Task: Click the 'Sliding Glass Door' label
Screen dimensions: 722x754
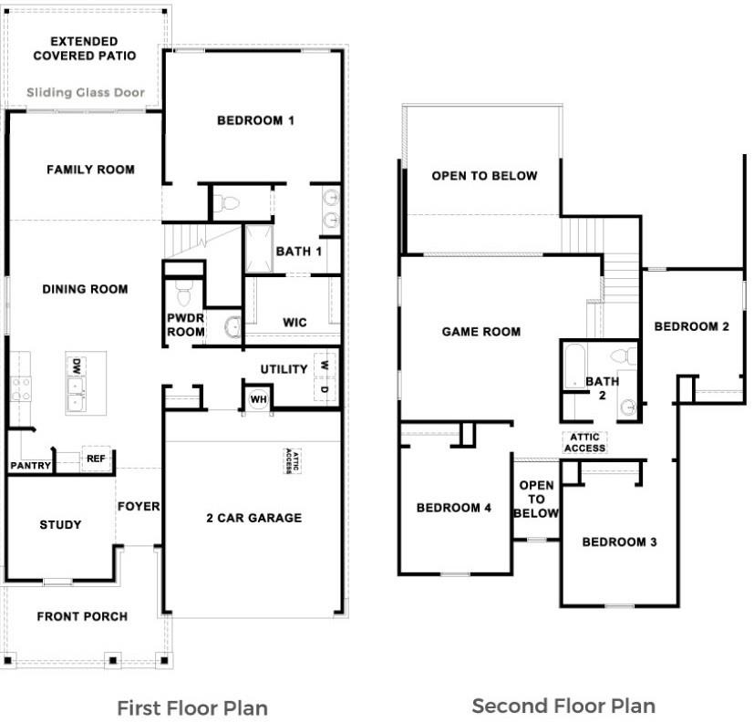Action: point(85,93)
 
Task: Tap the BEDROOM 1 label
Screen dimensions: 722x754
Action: point(254,120)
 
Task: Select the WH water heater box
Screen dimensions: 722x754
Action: point(257,398)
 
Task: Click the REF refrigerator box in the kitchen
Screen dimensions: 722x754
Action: point(96,459)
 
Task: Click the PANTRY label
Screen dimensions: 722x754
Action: point(29,466)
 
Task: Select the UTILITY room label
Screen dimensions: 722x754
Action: point(284,369)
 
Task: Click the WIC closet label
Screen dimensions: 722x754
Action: point(294,322)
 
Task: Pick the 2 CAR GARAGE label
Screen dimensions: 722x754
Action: point(253,518)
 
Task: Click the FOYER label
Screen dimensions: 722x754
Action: point(138,506)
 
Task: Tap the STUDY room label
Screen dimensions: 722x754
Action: point(60,524)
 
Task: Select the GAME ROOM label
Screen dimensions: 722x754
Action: point(480,332)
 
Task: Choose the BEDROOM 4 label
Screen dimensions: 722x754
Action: point(453,508)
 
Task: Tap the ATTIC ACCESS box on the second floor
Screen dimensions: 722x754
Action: point(584,442)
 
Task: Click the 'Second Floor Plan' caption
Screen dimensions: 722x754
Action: point(563,705)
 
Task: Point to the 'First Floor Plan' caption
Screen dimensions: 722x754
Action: point(191,707)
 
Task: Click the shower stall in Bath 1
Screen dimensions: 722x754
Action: point(258,248)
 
